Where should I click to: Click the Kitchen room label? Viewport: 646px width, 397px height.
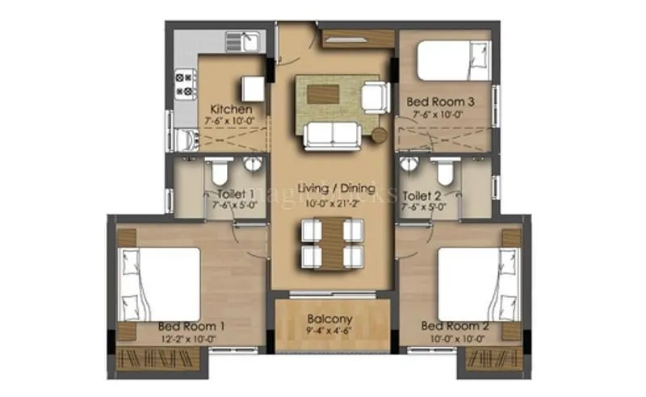232,109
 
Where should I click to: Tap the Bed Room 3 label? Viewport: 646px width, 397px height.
440,102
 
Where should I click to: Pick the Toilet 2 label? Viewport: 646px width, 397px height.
422,195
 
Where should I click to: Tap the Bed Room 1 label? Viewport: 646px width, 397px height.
191,325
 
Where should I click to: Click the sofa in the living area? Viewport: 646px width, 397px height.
330,136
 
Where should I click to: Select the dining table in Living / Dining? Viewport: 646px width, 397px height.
332,244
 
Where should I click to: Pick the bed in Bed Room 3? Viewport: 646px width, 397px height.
454,60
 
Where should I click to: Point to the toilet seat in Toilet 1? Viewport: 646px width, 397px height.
218,172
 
